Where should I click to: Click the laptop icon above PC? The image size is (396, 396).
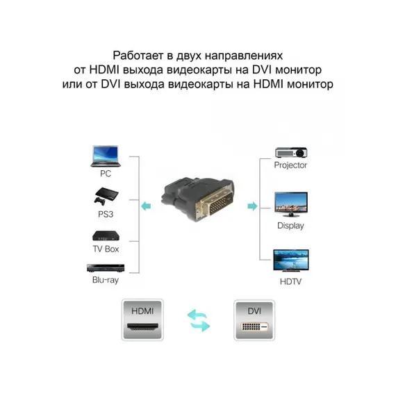(106, 156)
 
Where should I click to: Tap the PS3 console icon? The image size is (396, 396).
(106, 197)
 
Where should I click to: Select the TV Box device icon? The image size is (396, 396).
(106, 236)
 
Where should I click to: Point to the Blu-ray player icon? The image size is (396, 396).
(106, 268)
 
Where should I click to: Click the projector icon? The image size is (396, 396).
(291, 153)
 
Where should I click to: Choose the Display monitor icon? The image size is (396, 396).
(291, 204)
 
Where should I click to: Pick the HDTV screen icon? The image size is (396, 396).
(291, 261)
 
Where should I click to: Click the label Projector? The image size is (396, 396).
(290, 165)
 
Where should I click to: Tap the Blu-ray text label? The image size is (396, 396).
(106, 280)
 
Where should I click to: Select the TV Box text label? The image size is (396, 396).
(106, 249)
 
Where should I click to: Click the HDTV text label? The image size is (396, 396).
(290, 281)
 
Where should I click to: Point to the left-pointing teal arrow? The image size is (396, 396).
(146, 206)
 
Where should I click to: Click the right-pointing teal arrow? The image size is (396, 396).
(253, 206)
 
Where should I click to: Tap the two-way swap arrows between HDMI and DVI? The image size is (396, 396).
(199, 320)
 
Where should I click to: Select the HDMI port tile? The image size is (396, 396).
(142, 320)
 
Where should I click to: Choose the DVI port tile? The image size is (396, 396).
(254, 320)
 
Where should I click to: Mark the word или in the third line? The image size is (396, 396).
(72, 84)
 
